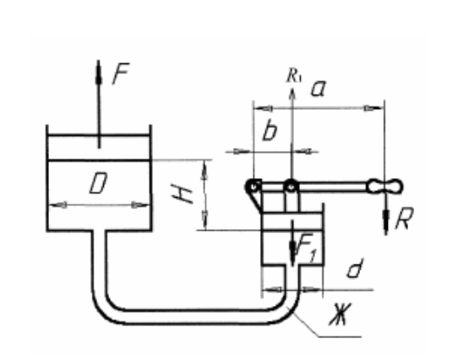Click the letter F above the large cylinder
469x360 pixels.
coord(121,74)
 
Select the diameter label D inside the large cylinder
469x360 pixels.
coord(98,183)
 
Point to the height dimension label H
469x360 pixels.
coord(182,194)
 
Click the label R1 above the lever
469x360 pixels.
coord(294,75)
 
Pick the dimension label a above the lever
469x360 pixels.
coord(319,89)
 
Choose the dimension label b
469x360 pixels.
coord(270,131)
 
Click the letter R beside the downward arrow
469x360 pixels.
coord(405,218)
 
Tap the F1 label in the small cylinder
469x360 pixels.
coord(305,248)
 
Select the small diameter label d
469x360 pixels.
coord(355,268)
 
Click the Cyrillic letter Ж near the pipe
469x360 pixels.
coord(340,314)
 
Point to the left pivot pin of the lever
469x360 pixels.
coord(254,187)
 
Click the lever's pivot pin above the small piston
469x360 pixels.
coord(291,187)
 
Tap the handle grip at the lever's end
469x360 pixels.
coord(385,187)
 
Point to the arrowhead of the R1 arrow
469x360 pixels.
coord(292,93)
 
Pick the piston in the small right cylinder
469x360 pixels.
coord(292,221)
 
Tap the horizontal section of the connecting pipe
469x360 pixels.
coord(194,317)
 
